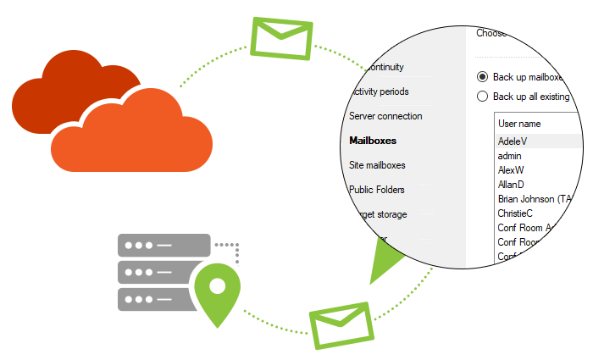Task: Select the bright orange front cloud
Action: pyautogui.click(x=131, y=136)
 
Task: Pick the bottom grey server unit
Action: pyautogui.click(x=157, y=299)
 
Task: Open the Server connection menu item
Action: pyautogui.click(x=385, y=116)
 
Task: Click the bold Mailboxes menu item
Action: pyautogui.click(x=373, y=141)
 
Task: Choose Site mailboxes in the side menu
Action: pyautogui.click(x=377, y=165)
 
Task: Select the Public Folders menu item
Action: pyautogui.click(x=377, y=190)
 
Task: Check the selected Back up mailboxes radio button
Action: pyautogui.click(x=482, y=76)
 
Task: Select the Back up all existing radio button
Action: pyautogui.click(x=482, y=97)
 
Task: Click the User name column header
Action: pyautogui.click(x=519, y=124)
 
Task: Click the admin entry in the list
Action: pyautogui.click(x=510, y=156)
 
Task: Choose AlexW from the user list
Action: pyautogui.click(x=512, y=170)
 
